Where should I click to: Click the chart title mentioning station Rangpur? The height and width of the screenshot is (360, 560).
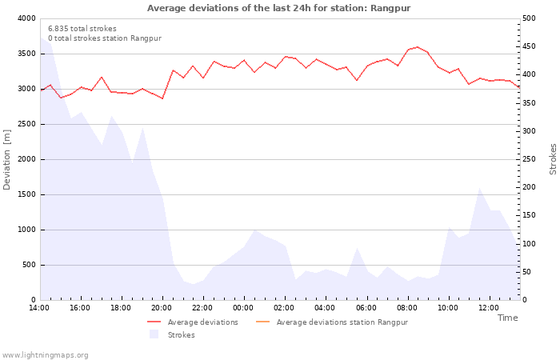279,8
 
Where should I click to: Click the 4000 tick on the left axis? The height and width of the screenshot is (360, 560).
25,18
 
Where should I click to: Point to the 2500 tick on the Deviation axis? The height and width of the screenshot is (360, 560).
25,124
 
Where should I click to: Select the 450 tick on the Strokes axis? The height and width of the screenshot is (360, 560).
530,46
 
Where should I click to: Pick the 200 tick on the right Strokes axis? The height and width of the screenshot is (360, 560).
530,187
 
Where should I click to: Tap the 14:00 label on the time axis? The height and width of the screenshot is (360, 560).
39,308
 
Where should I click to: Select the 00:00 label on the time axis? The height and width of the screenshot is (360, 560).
244,308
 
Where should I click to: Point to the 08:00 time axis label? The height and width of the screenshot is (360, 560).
407,308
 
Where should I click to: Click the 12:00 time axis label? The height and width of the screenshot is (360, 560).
489,308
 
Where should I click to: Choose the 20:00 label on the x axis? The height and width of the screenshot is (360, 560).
162,308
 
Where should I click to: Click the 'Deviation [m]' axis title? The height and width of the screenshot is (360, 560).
7,159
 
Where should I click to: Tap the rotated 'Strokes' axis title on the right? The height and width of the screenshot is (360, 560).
553,159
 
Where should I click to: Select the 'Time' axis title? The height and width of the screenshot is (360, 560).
507,318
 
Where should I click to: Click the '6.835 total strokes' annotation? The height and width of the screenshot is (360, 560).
82,29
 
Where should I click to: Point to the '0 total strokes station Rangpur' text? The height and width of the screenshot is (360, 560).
104,38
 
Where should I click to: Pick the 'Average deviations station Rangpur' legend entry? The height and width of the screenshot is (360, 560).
342,322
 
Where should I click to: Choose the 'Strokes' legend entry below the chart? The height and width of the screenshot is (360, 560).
181,335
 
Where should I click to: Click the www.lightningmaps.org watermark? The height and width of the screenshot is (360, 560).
45,355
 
